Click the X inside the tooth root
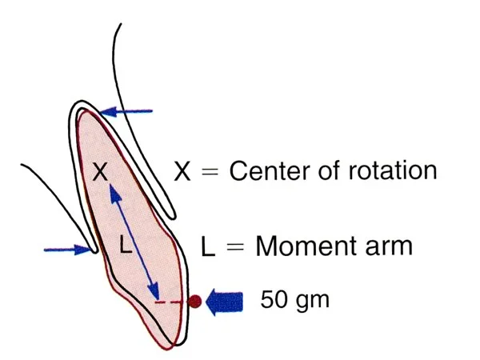coord(100,172)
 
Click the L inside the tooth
coord(126,246)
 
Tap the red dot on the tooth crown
coord(194,302)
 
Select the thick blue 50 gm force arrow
coord(224,302)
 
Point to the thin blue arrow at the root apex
coord(126,112)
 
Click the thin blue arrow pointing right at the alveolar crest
coord(68,250)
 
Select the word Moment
coord(308,246)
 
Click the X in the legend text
coord(182,171)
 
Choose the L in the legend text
coord(208,246)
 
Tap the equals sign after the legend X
coord(210,172)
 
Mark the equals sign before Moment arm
coord(235,246)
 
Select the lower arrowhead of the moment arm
coord(154,290)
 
